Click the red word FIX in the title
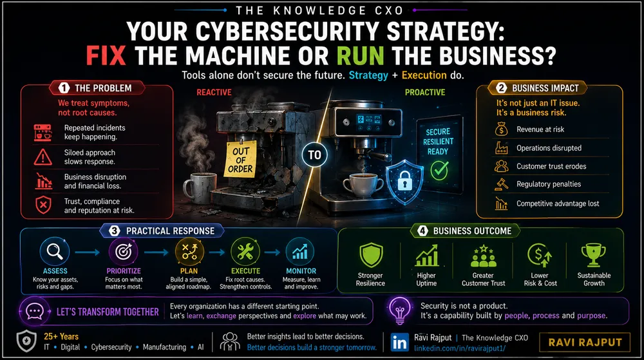point(106,56)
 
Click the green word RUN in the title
point(360,56)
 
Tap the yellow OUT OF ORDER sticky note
point(240,159)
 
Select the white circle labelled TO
point(315,155)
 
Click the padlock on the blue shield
point(404,180)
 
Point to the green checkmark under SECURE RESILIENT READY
point(439,171)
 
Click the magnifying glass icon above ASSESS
point(55,251)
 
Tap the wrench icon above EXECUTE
point(245,252)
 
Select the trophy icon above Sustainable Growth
point(594,255)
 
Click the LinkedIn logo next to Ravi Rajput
point(399,343)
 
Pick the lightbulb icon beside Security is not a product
point(400,311)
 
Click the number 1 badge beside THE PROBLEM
point(64,88)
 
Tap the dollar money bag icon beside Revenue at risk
point(501,129)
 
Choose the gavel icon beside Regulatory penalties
point(501,184)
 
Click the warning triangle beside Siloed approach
point(43,157)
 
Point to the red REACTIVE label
point(214,92)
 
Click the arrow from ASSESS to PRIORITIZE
point(87,252)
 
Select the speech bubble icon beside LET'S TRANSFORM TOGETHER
point(35,312)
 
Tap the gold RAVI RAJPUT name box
point(585,343)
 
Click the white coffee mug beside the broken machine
point(200,188)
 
